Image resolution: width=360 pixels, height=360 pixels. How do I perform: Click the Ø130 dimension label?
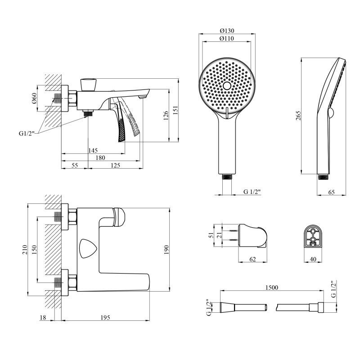(x=227, y=31)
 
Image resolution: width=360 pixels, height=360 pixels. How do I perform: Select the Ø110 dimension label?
(x=227, y=38)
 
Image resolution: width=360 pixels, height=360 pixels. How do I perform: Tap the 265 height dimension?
(x=298, y=116)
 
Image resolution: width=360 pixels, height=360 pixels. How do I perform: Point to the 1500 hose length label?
(x=272, y=288)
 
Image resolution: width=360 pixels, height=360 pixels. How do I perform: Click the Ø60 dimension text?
(x=34, y=98)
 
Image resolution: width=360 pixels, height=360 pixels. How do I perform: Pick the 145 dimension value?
(x=93, y=150)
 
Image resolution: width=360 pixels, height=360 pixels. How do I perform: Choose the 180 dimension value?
(x=100, y=158)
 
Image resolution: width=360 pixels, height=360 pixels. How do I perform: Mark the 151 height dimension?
(x=175, y=110)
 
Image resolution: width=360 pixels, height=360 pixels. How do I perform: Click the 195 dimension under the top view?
(x=105, y=318)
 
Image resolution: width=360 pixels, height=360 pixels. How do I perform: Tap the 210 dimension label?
(x=25, y=250)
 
